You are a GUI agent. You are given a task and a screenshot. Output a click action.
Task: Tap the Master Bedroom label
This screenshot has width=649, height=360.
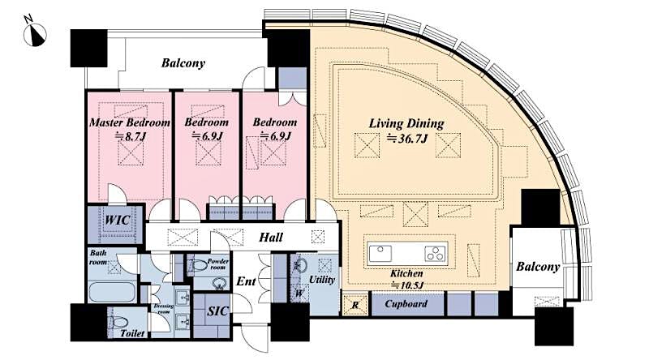click(130, 122)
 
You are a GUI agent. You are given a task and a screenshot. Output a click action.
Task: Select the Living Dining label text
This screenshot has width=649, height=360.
click(406, 123)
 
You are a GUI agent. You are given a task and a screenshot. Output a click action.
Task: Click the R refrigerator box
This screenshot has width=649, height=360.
click(354, 303)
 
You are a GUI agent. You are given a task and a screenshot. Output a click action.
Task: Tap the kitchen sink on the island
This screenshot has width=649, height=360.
click(381, 252)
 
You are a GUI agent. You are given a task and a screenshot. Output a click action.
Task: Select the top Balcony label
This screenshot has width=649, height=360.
click(183, 62)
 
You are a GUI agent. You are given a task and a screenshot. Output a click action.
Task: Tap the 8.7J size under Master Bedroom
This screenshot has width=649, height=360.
click(130, 138)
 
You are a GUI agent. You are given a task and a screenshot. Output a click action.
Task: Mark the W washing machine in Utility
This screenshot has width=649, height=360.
click(298, 291)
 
